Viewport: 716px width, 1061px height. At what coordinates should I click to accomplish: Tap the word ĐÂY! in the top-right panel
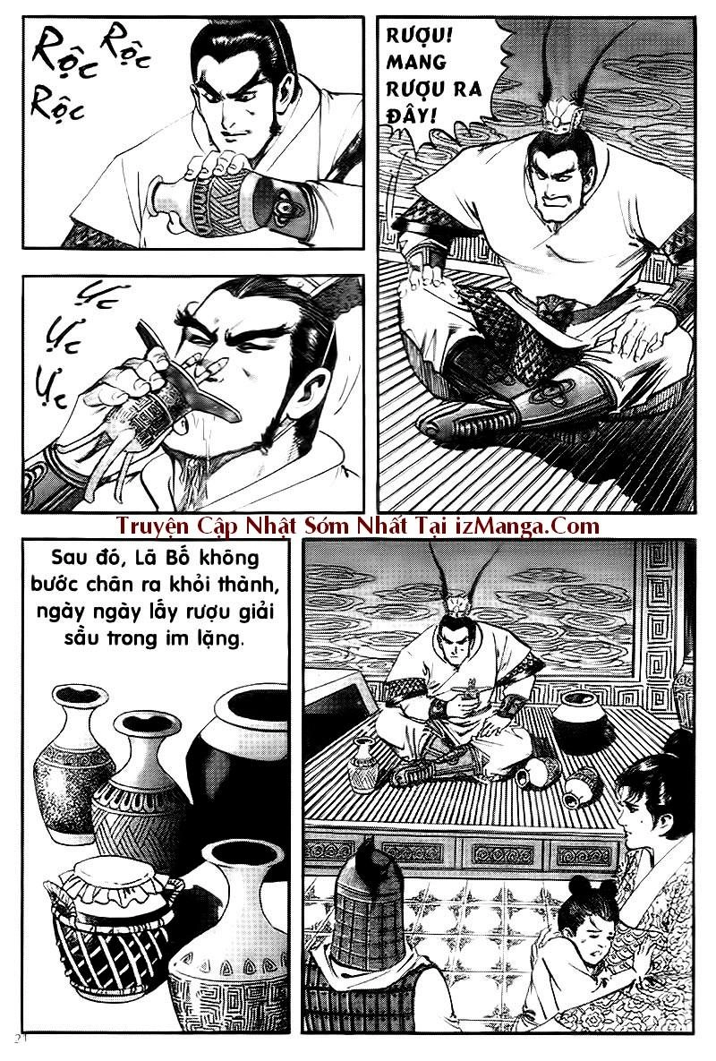click(x=412, y=115)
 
